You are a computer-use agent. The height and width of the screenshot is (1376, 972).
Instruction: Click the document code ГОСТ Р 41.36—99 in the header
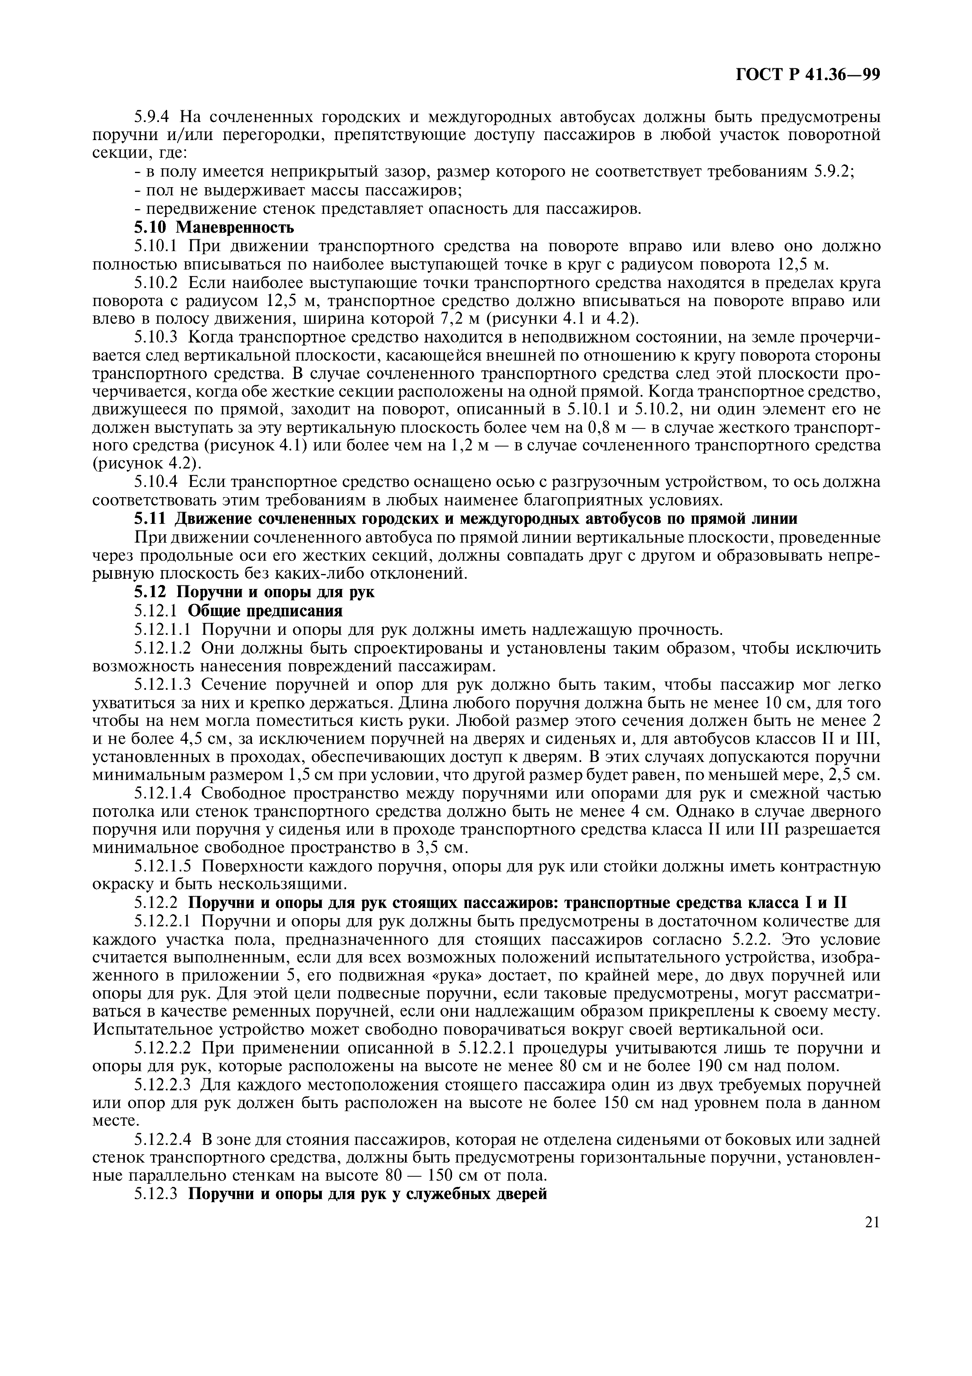807,74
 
